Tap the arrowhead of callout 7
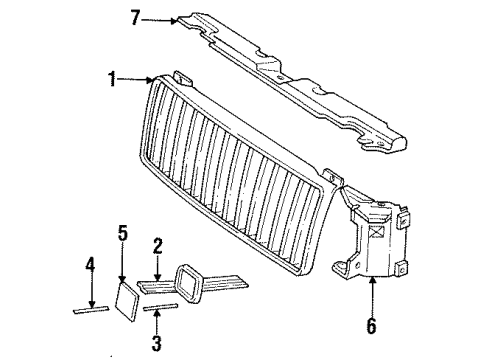(x=176, y=18)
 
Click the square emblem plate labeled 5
(x=130, y=296)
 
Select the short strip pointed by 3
(x=161, y=309)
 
